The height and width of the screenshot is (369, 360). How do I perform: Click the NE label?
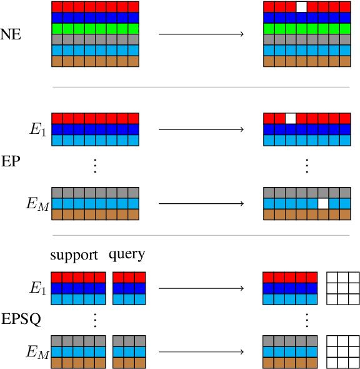click(x=11, y=34)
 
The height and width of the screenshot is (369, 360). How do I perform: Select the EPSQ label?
click(x=21, y=320)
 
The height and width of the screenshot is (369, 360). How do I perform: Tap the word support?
click(x=74, y=255)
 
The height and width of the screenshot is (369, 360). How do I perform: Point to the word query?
click(x=127, y=255)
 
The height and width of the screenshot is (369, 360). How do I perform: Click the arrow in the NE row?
click(x=201, y=33)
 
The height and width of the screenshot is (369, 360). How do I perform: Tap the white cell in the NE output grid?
click(x=301, y=7)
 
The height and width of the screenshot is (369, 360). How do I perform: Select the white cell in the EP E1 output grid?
click(x=290, y=118)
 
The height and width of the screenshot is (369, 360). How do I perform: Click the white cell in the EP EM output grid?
click(x=323, y=203)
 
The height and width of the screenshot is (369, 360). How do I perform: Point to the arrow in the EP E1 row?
click(x=201, y=129)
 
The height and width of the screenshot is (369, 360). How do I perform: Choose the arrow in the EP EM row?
click(x=201, y=203)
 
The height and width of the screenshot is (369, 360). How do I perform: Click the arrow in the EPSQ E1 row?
click(x=201, y=288)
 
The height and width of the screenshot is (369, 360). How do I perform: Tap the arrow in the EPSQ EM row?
click(x=201, y=351)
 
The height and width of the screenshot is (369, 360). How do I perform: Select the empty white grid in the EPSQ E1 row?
click(x=343, y=288)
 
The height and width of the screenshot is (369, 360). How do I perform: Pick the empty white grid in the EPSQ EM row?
click(x=343, y=351)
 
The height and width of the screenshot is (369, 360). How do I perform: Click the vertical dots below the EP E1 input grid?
click(x=95, y=165)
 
